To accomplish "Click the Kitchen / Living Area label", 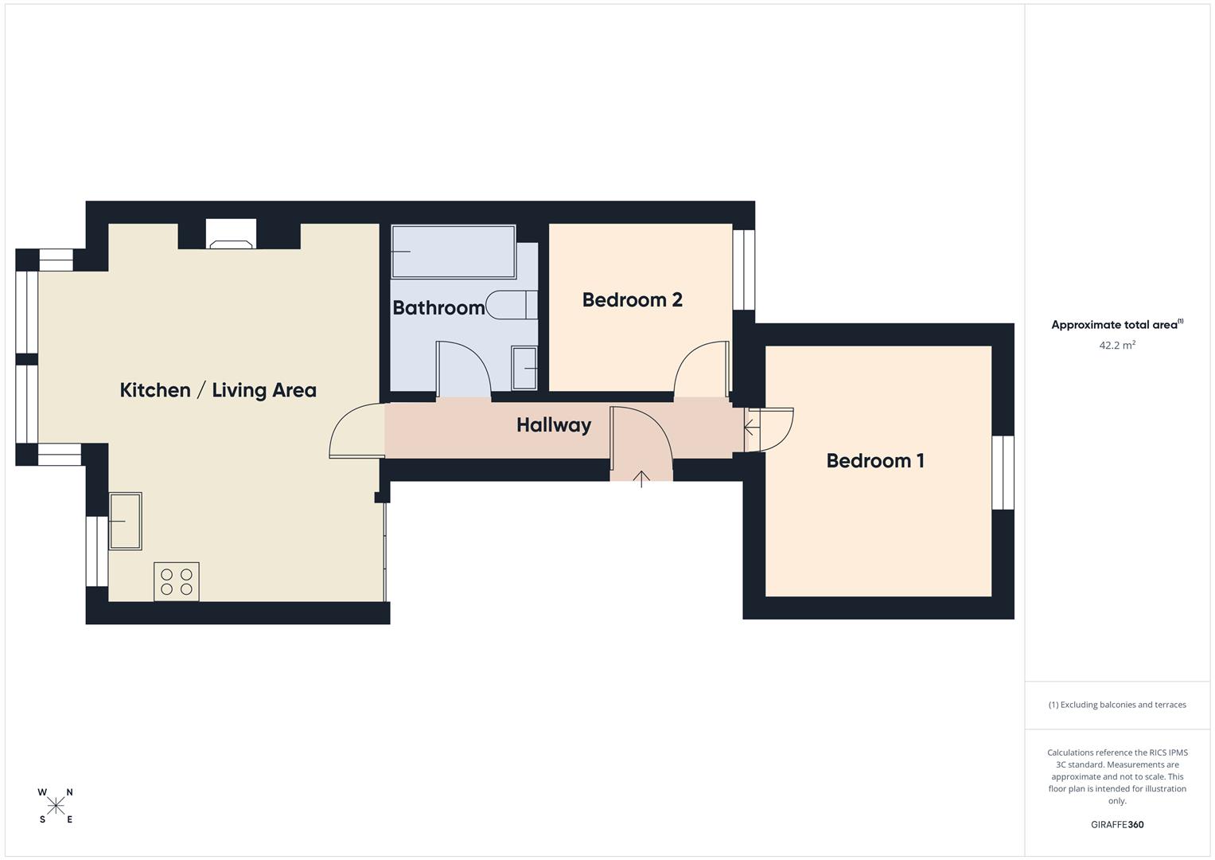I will pyautogui.click(x=218, y=390).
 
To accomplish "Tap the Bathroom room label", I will pyautogui.click(x=438, y=307).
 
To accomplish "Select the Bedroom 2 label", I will pyautogui.click(x=632, y=300).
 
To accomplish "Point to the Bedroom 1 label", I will pyautogui.click(x=874, y=460).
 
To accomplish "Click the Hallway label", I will pyautogui.click(x=553, y=425).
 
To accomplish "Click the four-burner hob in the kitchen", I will pyautogui.click(x=177, y=581).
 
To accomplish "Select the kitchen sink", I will pyautogui.click(x=125, y=521).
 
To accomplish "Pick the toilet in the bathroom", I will pyautogui.click(x=511, y=305).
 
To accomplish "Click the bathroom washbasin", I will pyautogui.click(x=524, y=368).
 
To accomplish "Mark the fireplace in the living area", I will pyautogui.click(x=232, y=235).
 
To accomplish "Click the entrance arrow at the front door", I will pyautogui.click(x=641, y=478).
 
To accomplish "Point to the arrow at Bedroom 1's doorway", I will pyautogui.click(x=751, y=428).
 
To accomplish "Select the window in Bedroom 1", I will pyautogui.click(x=1003, y=472).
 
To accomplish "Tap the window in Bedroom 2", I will pyautogui.click(x=743, y=270).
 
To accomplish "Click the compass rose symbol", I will pyautogui.click(x=56, y=806).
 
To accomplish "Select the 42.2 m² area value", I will pyautogui.click(x=1117, y=346).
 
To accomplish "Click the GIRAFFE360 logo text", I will pyautogui.click(x=1117, y=825).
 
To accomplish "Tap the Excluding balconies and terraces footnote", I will pyautogui.click(x=1117, y=705).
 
